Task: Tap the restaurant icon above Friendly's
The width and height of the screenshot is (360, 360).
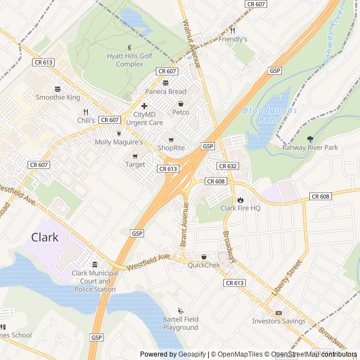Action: (232, 30)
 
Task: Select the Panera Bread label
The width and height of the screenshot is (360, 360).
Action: (165, 92)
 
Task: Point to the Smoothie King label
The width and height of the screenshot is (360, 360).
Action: (58, 97)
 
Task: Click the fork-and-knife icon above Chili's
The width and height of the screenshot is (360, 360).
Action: (86, 112)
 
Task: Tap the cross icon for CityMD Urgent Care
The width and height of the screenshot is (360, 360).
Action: (145, 106)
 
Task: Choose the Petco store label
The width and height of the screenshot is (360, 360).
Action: (181, 112)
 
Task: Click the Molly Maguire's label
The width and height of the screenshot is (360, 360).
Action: (119, 142)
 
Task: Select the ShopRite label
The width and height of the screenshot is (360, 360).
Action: (171, 148)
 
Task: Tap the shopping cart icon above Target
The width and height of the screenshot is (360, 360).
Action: (135, 156)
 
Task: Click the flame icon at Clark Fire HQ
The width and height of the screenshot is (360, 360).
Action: (240, 200)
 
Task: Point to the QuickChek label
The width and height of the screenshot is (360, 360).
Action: (204, 265)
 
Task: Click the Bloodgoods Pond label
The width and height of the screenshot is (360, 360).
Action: (271, 115)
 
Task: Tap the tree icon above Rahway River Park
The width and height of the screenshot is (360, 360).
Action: (310, 139)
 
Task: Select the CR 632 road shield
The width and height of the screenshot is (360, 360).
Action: (228, 166)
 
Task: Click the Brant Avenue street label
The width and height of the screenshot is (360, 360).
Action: (184, 224)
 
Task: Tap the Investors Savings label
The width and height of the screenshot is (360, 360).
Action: (278, 321)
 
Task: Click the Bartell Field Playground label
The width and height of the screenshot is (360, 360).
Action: (181, 323)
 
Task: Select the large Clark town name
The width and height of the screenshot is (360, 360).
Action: (44, 237)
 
